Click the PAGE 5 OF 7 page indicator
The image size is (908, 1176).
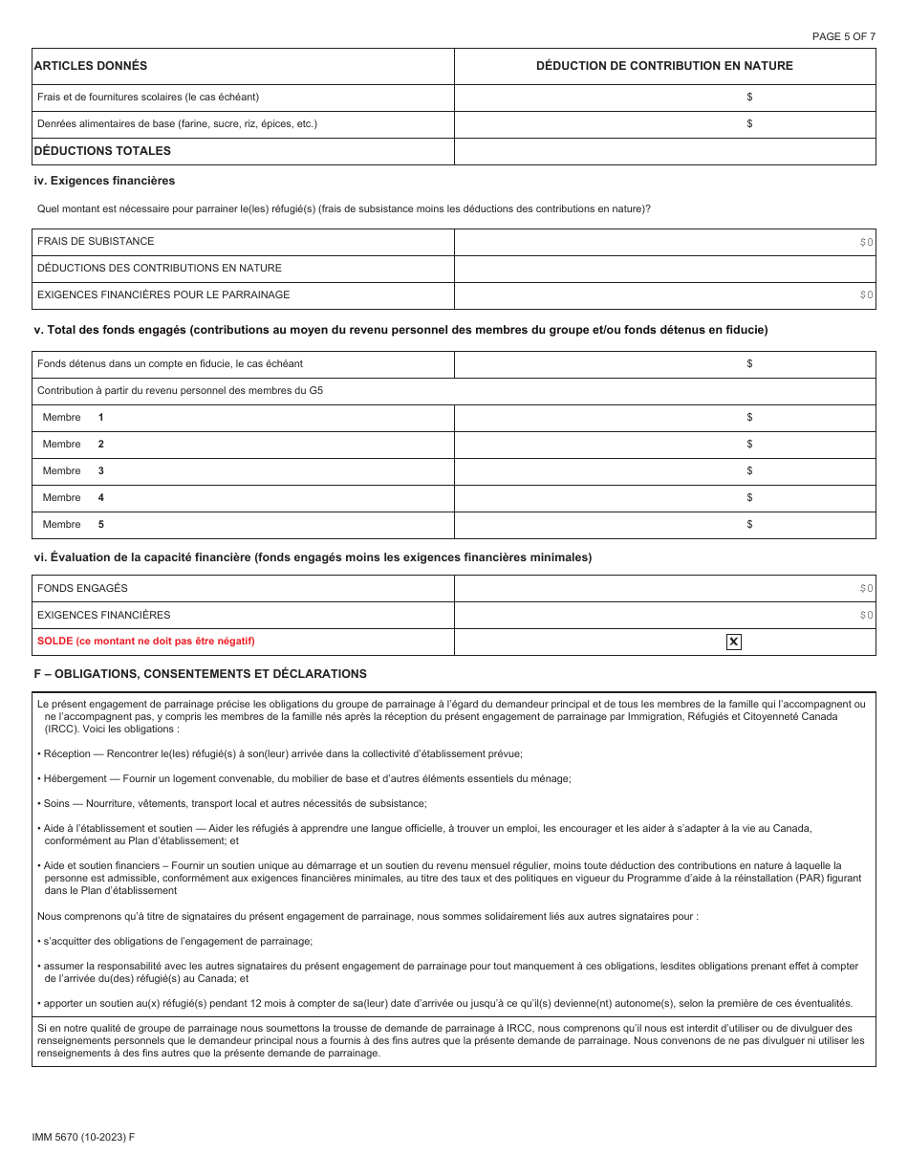click(x=843, y=36)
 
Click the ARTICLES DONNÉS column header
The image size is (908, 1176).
click(x=91, y=66)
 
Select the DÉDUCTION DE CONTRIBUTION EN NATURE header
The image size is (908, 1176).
click(x=664, y=66)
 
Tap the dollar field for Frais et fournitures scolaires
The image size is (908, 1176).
click(x=664, y=97)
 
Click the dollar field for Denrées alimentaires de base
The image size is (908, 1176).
click(x=664, y=123)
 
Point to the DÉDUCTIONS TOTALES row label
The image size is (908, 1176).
click(x=102, y=151)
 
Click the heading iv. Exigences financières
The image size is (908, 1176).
click(x=104, y=180)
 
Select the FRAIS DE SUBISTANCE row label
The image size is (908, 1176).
click(x=96, y=241)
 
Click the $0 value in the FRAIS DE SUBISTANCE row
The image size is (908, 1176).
click(x=865, y=242)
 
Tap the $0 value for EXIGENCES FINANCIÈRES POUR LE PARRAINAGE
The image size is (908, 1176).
click(x=865, y=295)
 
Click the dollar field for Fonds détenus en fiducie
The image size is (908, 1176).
click(x=664, y=363)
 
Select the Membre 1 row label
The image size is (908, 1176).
click(x=73, y=417)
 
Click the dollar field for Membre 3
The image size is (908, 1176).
click(x=664, y=470)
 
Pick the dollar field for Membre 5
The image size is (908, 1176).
click(x=664, y=524)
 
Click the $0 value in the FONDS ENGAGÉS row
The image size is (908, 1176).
click(x=865, y=589)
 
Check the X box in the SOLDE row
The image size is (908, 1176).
click(x=733, y=642)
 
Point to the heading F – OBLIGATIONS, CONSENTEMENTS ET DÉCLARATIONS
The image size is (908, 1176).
click(x=200, y=673)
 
